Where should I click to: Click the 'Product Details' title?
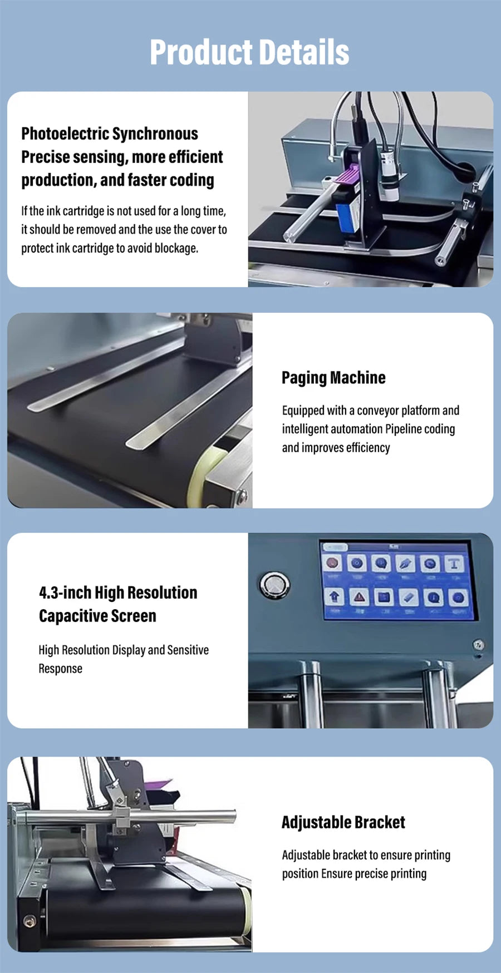pyautogui.click(x=249, y=52)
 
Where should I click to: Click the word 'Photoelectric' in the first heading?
pyautogui.click(x=65, y=134)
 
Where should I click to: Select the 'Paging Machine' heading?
pyautogui.click(x=333, y=378)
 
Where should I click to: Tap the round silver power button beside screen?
pyautogui.click(x=274, y=585)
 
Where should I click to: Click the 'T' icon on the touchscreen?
pyautogui.click(x=454, y=564)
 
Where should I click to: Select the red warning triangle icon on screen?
pyautogui.click(x=359, y=597)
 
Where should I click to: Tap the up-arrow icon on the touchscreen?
pyautogui.click(x=334, y=597)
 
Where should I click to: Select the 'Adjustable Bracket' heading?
pyautogui.click(x=343, y=822)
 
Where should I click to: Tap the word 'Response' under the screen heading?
pyautogui.click(x=60, y=669)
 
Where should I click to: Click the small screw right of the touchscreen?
pyautogui.click(x=478, y=645)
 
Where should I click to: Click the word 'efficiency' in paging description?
pyautogui.click(x=367, y=448)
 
